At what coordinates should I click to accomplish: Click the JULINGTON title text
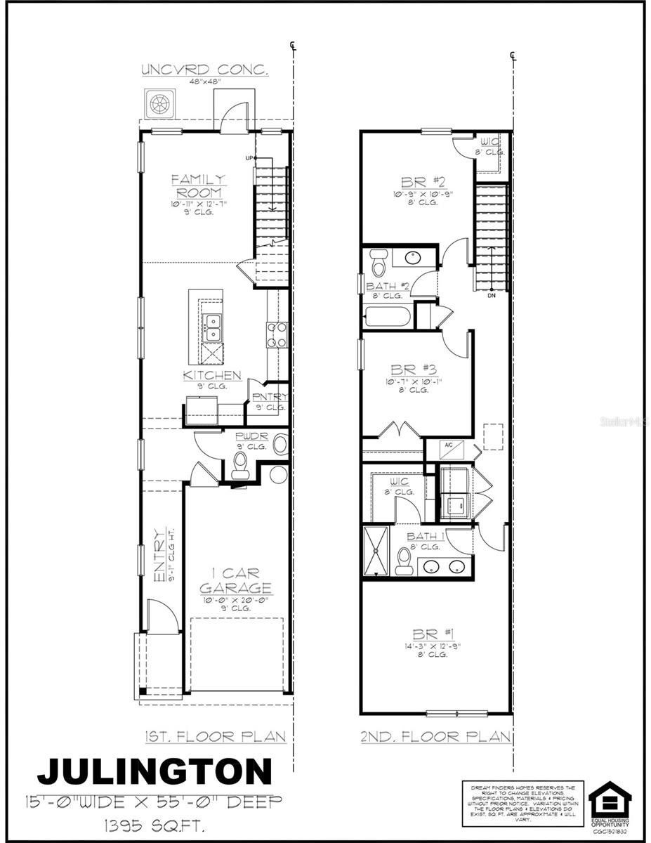pyautogui.click(x=154, y=771)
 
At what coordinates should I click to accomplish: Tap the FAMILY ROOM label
pyautogui.click(x=198, y=186)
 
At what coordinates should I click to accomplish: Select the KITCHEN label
pyautogui.click(x=212, y=376)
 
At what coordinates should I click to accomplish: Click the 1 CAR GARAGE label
pyautogui.click(x=235, y=581)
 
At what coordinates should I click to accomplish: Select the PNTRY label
pyautogui.click(x=270, y=397)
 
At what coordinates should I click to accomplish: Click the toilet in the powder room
pyautogui.click(x=241, y=464)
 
